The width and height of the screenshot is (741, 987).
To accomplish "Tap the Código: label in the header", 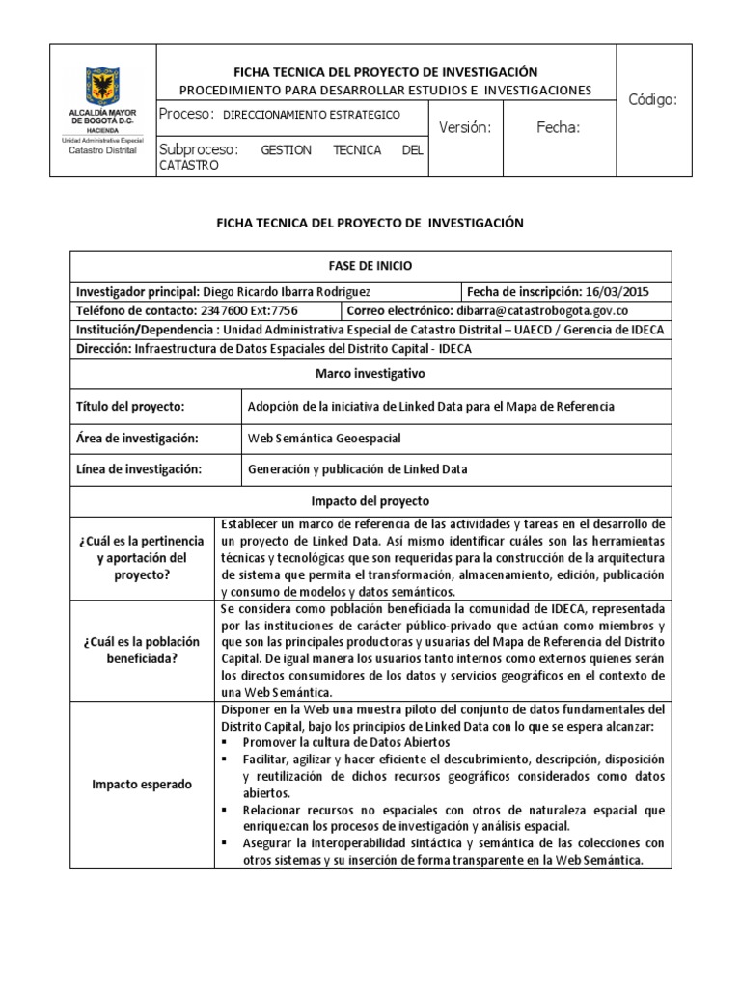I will [653, 99].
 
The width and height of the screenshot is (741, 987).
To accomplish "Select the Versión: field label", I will [465, 127].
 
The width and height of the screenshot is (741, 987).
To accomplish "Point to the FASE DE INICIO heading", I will [370, 266].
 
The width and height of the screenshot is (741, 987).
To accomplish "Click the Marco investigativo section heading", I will [370, 372].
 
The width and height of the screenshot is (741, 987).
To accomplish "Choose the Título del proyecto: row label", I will [130, 406].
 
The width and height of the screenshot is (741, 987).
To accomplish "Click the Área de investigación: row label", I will [136, 438].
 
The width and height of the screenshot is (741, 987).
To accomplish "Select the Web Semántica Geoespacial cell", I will [324, 438].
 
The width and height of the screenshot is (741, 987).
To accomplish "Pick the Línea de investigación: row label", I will [138, 469].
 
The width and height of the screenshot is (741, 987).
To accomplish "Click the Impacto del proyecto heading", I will [370, 501].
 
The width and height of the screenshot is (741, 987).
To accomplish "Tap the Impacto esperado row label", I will [142, 784].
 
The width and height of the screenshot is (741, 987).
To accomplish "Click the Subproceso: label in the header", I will [198, 150].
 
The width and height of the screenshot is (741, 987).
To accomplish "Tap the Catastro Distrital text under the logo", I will [102, 150].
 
